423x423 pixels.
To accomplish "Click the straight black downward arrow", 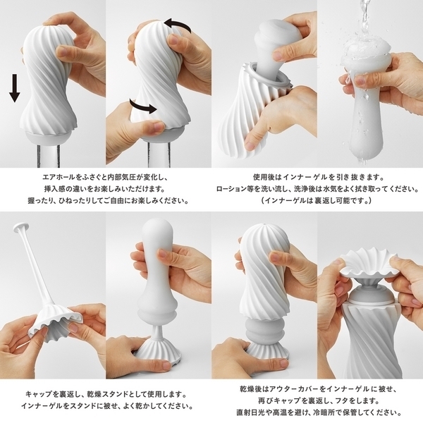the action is (15, 88).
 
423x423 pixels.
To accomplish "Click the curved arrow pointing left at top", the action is (178, 25).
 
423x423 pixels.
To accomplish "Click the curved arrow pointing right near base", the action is (142, 106).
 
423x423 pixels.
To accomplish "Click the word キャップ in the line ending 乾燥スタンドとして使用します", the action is (38, 394).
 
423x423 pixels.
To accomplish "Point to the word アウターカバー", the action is (295, 389).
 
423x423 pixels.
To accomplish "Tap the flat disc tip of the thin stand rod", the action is (20, 227).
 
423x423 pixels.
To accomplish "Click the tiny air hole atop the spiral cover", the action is (266, 224).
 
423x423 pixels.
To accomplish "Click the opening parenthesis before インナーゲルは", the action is (263, 201).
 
